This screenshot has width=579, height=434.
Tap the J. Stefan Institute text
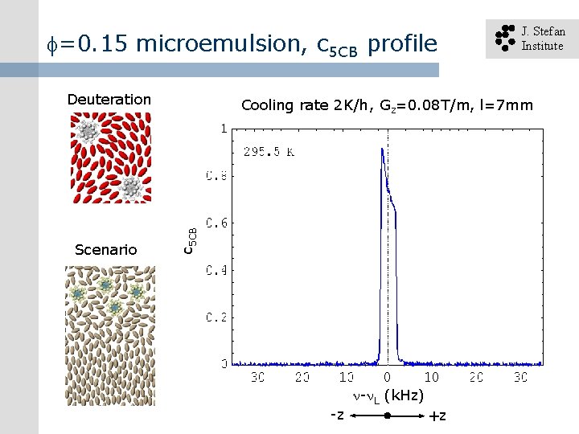pos(543,39)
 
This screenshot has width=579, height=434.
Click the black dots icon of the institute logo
pos(504,38)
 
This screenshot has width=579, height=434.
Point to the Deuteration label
pos(109,99)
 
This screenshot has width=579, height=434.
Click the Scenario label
pos(105,250)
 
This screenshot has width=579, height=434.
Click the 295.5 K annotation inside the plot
pos(269,151)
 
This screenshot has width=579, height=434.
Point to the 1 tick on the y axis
pos(223,128)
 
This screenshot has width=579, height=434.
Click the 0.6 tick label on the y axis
pos(217,223)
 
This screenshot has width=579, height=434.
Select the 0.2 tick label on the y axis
pos(217,317)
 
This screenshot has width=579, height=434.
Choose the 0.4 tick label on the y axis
pos(217,270)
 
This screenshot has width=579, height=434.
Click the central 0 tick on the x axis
pos(387,376)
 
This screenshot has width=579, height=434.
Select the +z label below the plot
pos(437,416)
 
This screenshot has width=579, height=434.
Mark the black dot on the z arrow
pos(387,416)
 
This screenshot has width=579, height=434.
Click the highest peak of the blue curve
pos(381,149)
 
